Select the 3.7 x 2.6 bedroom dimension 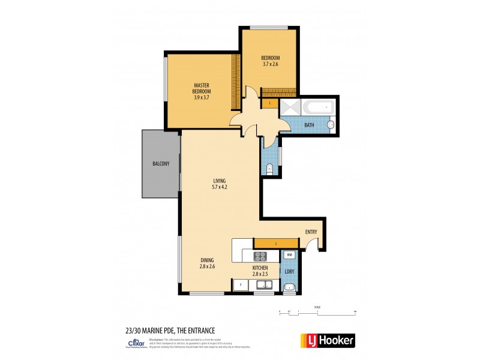tap(271, 64)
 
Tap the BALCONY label tap(160, 164)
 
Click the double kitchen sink tap(263, 286)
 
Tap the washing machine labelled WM tap(289, 255)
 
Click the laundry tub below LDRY tap(289, 286)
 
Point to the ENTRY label tap(311, 232)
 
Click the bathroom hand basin tap(330, 125)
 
